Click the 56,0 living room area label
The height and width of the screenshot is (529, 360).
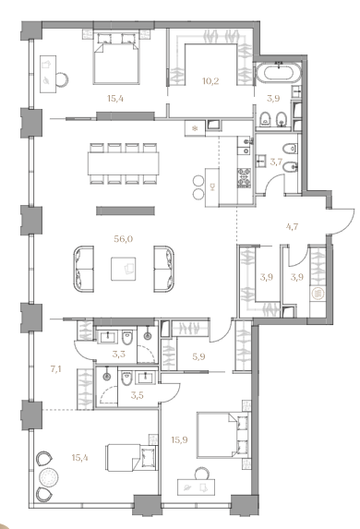click(x=124, y=239)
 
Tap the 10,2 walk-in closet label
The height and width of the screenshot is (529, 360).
click(x=210, y=81)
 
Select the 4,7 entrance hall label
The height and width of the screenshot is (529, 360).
click(x=292, y=226)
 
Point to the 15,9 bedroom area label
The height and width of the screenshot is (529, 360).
click(x=179, y=440)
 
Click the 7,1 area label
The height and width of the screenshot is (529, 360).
click(x=55, y=369)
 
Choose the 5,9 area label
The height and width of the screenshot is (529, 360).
click(x=198, y=356)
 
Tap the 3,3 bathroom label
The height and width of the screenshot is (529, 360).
click(x=118, y=355)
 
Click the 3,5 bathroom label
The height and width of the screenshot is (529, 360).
click(x=138, y=395)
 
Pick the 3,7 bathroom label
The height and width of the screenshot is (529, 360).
click(x=276, y=162)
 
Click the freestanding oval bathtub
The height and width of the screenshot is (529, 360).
click(x=278, y=72)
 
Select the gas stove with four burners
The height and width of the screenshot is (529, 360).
click(x=245, y=177)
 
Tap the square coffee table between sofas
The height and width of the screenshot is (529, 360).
click(x=124, y=269)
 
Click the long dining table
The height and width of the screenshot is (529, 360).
click(x=124, y=163)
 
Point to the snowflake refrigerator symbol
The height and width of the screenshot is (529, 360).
click(x=195, y=128)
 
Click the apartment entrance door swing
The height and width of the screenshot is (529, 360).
click(x=342, y=221)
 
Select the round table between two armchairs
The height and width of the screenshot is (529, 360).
click(x=48, y=477)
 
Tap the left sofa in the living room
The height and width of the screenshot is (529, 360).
click(x=84, y=269)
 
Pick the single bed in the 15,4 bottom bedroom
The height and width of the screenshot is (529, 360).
click(x=132, y=458)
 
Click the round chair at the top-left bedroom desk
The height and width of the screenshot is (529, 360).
click(x=63, y=79)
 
